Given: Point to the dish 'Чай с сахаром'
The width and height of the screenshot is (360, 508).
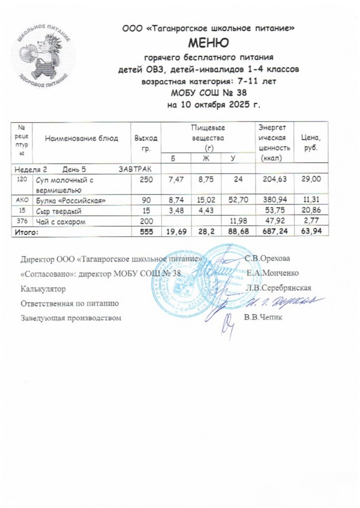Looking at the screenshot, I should pos(58,222).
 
